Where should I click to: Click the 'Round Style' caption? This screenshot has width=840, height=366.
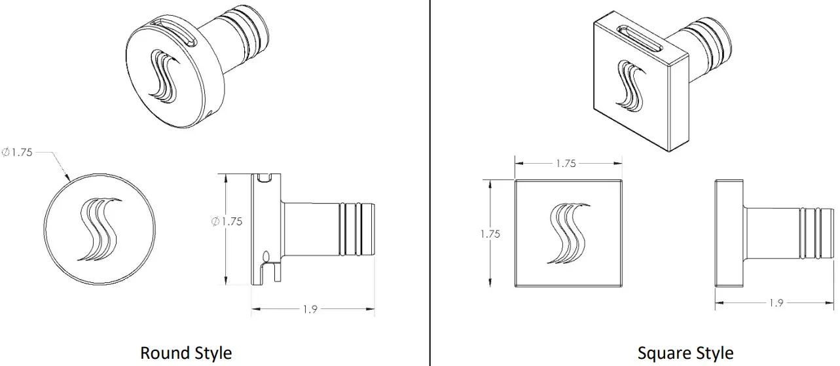coord(185,353)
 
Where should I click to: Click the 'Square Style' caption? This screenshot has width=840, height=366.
coord(685,353)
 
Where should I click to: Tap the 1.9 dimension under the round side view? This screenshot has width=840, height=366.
coord(310,309)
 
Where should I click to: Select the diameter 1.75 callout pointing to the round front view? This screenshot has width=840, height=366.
coord(18,153)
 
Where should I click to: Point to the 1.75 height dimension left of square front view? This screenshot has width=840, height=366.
coord(490,234)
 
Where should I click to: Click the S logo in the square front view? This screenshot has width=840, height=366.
coord(568,234)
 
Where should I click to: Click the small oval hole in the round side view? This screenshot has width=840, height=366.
coord(266,255)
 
